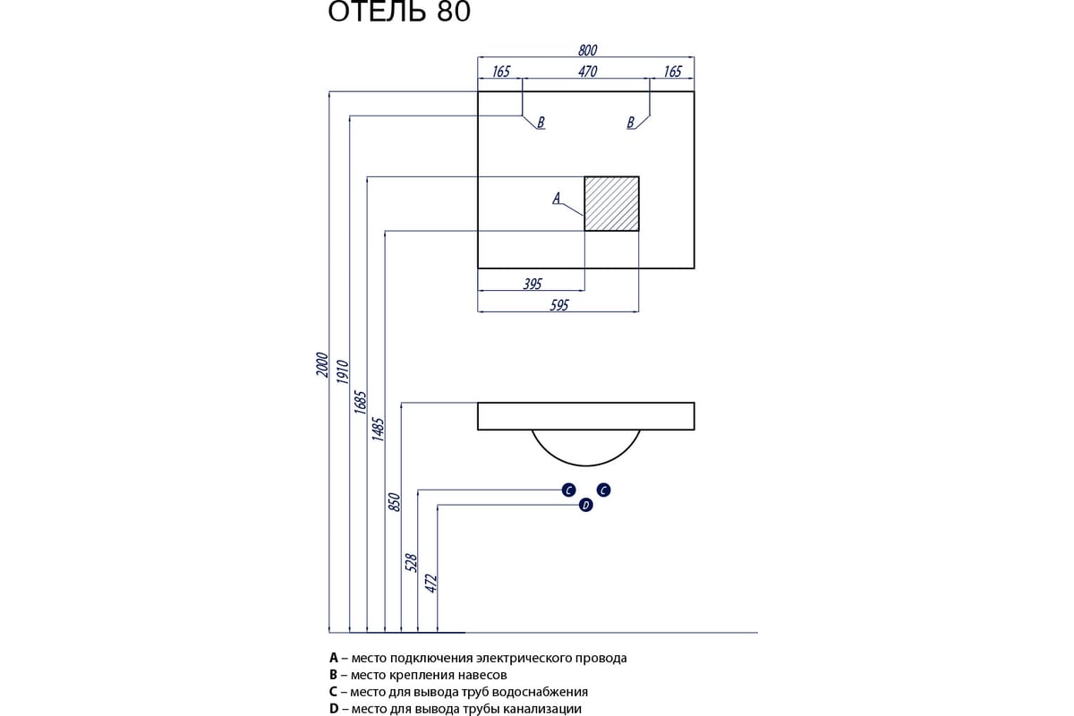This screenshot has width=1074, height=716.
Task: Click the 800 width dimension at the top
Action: coord(587,50)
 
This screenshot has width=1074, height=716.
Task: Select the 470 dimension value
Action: coord(587,72)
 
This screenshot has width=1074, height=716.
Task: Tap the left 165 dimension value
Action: coord(500,72)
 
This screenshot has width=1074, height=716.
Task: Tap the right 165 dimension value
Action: coord(672,72)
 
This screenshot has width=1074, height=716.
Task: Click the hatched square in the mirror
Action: coord(612,203)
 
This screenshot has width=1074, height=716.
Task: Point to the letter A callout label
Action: coord(556,198)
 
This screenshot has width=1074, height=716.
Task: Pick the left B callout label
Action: coord(541,123)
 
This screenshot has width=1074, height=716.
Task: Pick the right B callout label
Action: coord(631,123)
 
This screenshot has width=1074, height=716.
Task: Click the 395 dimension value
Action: coord(533,284)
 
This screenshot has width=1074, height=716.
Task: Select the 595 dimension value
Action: coord(559,305)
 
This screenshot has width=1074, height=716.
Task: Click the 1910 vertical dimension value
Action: coord(342,371)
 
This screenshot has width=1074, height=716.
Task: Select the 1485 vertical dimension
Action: coord(378,430)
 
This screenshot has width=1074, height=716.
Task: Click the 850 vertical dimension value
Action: coord(395,501)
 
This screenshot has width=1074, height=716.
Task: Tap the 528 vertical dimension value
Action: coord(412,562)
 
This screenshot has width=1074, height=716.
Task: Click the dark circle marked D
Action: coord(586,506)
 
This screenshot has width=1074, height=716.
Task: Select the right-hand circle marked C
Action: coord(604,490)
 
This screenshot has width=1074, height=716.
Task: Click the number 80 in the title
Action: coord(454,13)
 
